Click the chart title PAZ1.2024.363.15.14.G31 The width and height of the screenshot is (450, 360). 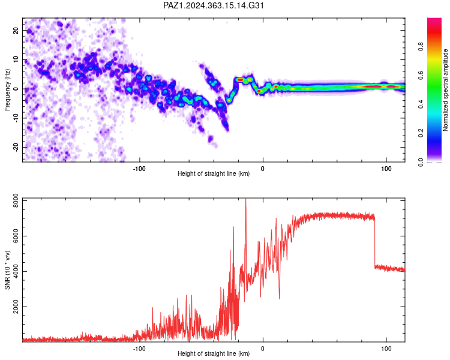213,5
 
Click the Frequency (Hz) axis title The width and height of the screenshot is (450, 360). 7,90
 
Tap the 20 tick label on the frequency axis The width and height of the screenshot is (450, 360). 16,31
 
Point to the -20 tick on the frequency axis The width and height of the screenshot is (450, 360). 16,147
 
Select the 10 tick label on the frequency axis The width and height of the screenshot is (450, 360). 16,59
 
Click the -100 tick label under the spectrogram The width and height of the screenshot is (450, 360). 139,169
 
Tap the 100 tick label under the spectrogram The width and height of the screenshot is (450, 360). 386,169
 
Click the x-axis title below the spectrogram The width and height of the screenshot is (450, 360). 214,173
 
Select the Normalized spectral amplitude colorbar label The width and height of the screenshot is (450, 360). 445,90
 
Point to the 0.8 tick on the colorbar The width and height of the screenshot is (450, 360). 421,47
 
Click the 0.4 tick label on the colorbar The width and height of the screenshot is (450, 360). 421,104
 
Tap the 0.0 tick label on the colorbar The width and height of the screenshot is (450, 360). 421,162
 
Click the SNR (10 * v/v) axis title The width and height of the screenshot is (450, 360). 7,270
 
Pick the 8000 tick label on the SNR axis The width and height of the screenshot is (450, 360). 16,201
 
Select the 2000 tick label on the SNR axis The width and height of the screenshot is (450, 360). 16,307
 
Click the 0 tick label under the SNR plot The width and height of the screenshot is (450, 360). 263,349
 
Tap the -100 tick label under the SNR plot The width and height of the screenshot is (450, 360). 139,349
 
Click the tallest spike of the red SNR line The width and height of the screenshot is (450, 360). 245,199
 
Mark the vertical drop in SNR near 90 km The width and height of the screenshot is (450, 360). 375,242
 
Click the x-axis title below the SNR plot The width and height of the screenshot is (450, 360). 214,353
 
